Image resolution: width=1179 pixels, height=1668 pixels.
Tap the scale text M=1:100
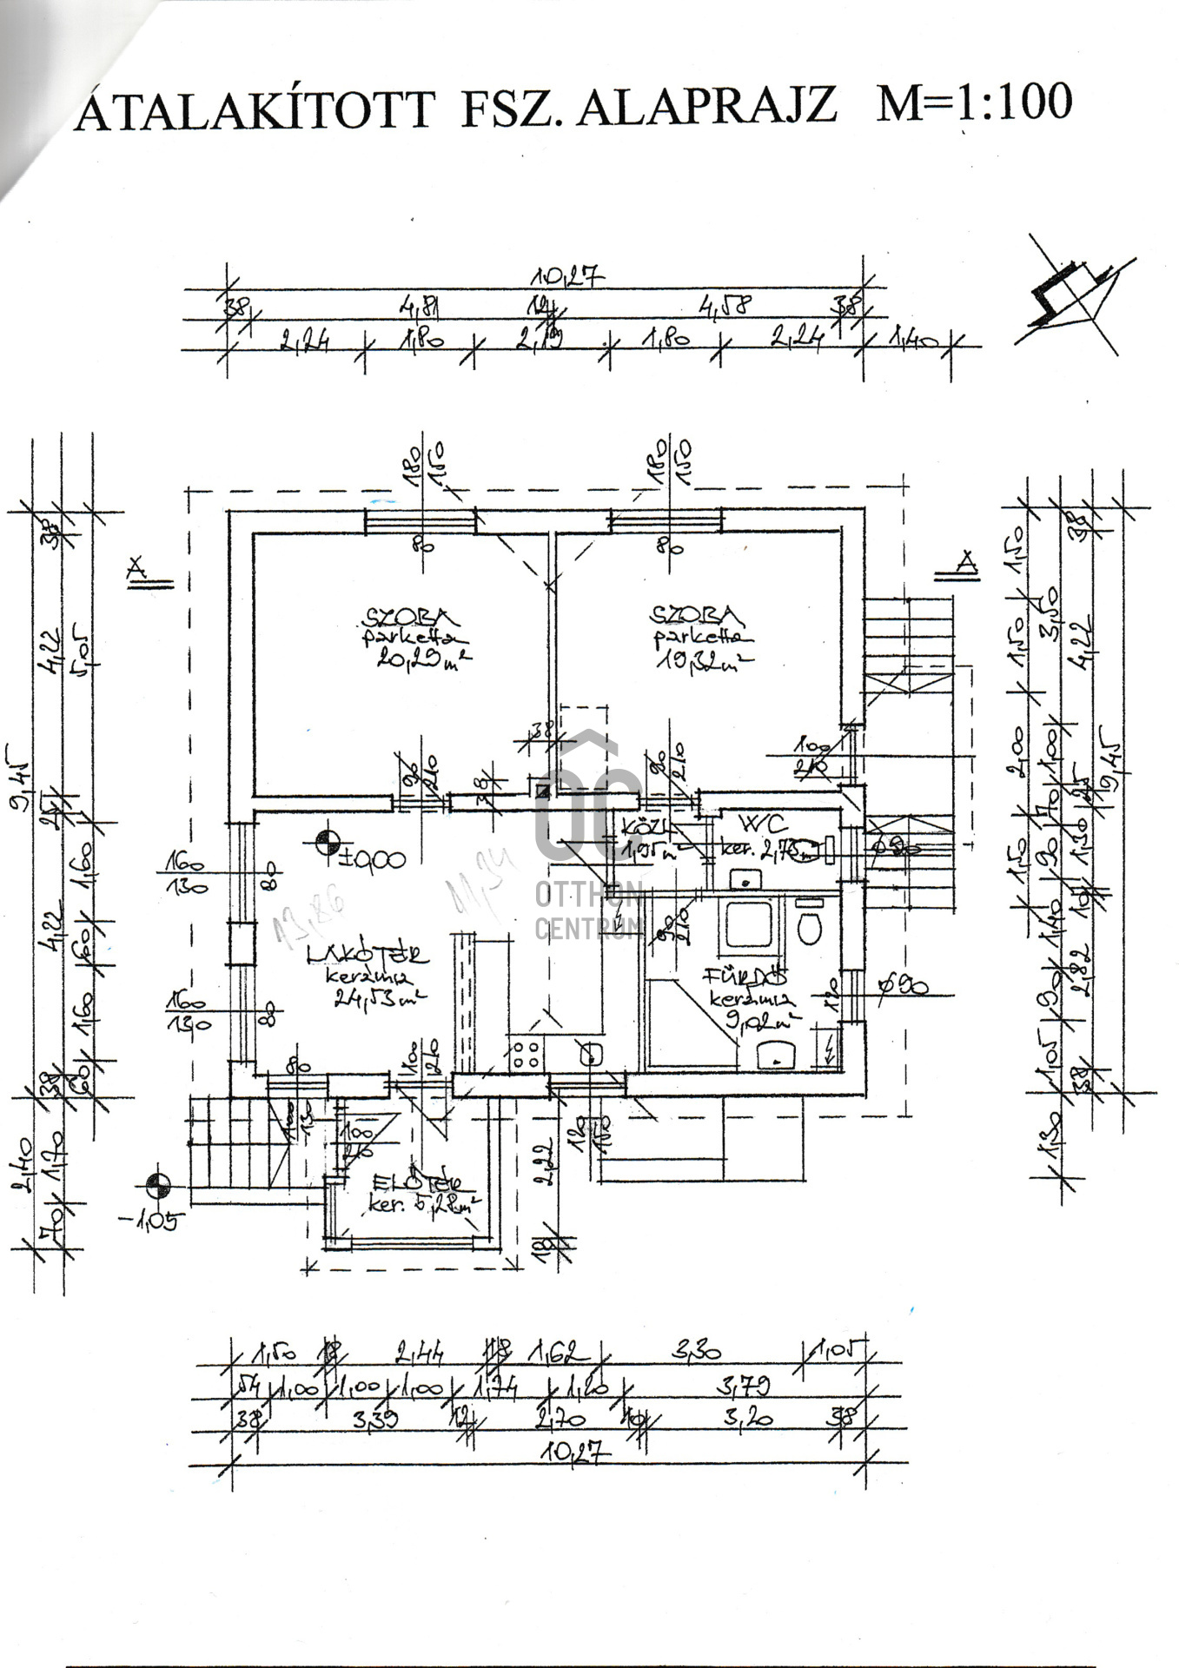[x=973, y=103]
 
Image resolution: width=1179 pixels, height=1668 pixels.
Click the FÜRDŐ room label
[x=746, y=976]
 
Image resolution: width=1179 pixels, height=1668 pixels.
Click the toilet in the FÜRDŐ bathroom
[x=809, y=927]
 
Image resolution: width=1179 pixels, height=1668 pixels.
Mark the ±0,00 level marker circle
[x=327, y=842]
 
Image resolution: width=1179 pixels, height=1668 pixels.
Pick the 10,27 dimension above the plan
[x=569, y=277]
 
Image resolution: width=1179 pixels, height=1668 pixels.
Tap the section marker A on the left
[x=136, y=569]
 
